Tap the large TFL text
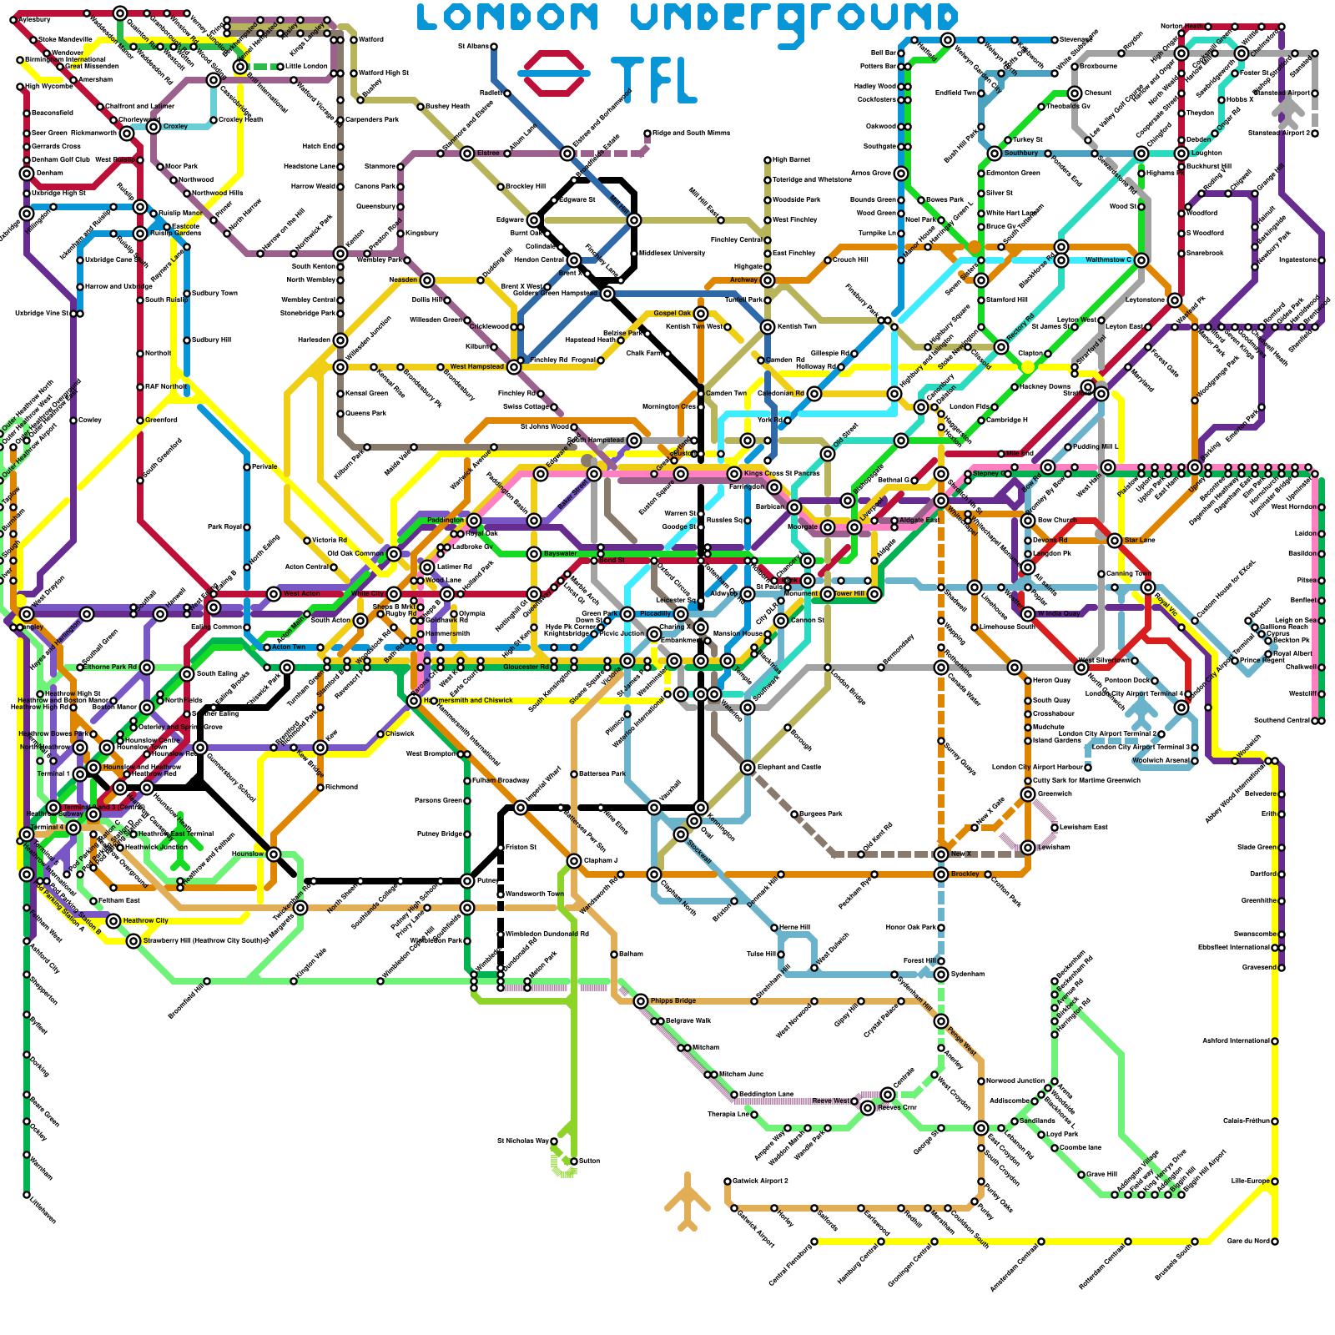pos(653,80)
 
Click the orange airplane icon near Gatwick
pos(688,1202)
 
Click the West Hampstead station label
pos(476,366)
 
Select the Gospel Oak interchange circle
pos(701,314)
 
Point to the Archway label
pos(743,280)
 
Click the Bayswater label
pos(560,554)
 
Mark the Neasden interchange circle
pos(427,280)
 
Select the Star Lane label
pos(1140,541)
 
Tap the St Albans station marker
pos(494,47)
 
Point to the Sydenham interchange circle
pos(941,975)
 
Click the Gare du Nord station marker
pos(1275,1242)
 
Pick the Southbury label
pos(1021,154)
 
